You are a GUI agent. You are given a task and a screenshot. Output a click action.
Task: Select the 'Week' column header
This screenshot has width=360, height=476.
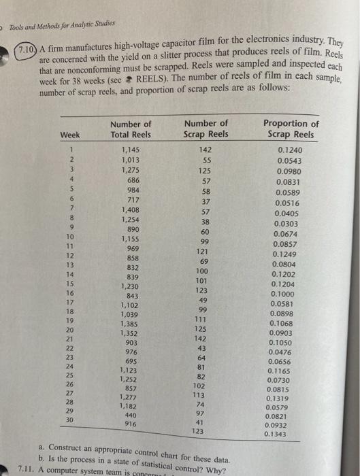70,134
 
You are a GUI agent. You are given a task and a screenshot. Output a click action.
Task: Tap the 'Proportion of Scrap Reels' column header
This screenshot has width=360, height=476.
291,129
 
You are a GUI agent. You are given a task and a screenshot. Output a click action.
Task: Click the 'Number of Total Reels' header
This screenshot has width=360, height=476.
130,129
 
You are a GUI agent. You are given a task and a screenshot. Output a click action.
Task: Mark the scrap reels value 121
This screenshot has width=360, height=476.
206,251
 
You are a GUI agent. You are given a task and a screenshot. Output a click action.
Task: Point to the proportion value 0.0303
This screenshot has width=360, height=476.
286,223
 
